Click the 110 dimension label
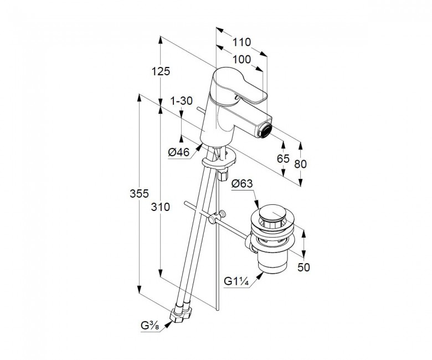(x=241, y=43)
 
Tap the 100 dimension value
(x=241, y=59)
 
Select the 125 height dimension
(x=161, y=71)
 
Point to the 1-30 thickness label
(x=181, y=101)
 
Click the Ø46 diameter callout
(x=179, y=152)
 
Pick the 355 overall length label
(x=139, y=194)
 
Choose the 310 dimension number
(x=161, y=207)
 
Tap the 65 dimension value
(x=283, y=158)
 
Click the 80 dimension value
(x=300, y=164)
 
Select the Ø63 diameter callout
(x=242, y=183)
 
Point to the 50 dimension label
(x=304, y=267)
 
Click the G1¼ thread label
(x=236, y=281)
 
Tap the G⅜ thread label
(x=150, y=326)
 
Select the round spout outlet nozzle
(x=266, y=131)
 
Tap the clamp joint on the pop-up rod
(x=217, y=217)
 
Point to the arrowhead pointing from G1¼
(x=259, y=276)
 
